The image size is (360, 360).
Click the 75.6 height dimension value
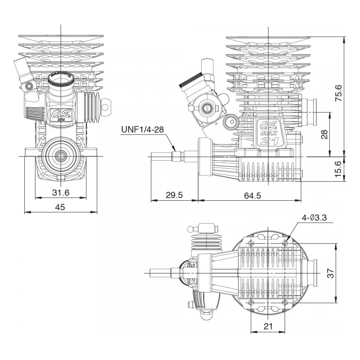click(340, 94)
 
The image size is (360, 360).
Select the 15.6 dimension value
click(340, 169)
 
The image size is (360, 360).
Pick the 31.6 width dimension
click(60, 193)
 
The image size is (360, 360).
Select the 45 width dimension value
click(60, 207)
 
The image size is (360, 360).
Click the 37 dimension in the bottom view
click(342, 273)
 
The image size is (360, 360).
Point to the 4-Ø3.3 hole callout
click(315, 218)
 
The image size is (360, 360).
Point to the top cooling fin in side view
click(268, 38)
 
